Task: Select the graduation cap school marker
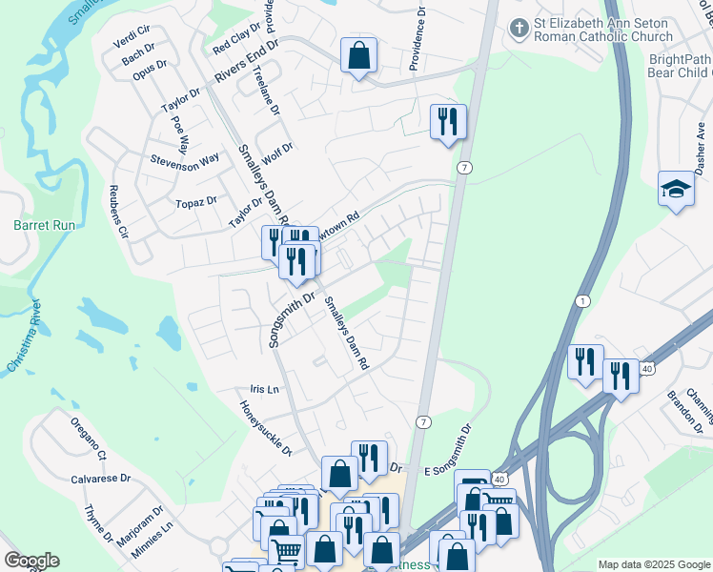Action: point(676,188)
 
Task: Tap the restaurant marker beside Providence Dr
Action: point(448,121)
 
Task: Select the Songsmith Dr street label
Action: point(292,319)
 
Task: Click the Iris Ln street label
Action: point(264,389)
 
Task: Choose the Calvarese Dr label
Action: point(100,480)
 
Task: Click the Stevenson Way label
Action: point(185,160)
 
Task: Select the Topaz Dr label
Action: point(196,202)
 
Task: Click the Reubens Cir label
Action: point(118,210)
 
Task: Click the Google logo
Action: point(31,561)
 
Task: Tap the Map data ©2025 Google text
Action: point(653,564)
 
